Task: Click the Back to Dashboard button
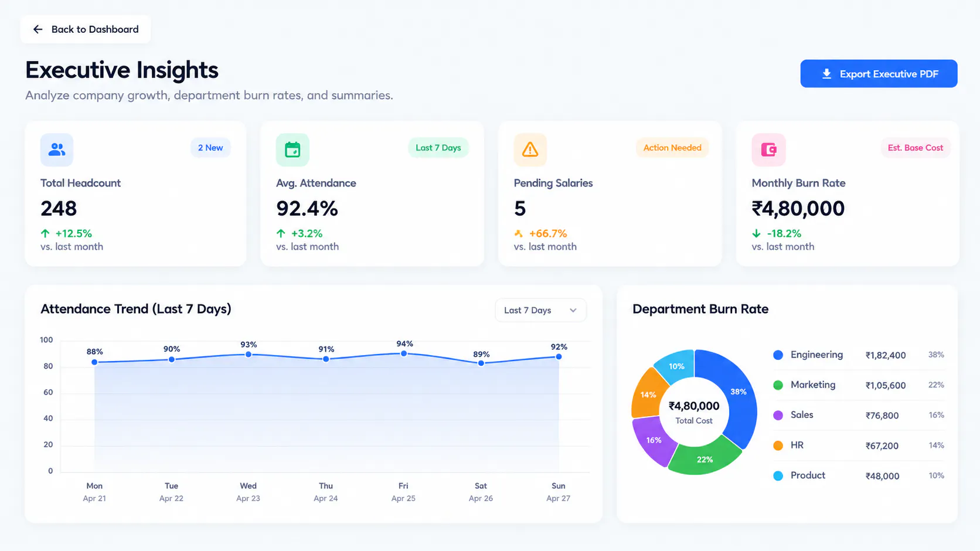tap(86, 29)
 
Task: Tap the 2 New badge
tap(210, 148)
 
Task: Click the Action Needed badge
tap(672, 148)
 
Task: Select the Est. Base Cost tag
tap(916, 148)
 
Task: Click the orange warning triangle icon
tap(530, 149)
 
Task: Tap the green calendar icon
tap(292, 149)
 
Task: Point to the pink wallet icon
tap(768, 149)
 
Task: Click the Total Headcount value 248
tap(59, 208)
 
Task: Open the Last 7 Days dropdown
tap(541, 310)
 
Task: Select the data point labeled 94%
tap(404, 353)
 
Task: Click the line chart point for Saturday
tap(481, 363)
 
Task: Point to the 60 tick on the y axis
tap(48, 392)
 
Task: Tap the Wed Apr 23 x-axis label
tap(248, 492)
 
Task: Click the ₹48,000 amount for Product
tap(882, 476)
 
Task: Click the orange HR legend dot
tap(778, 445)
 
